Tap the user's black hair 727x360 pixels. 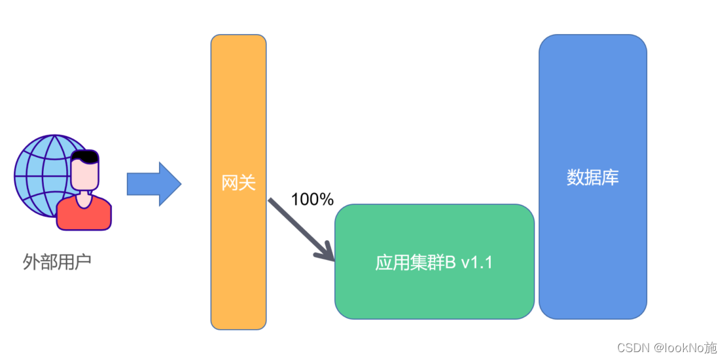pyautogui.click(x=86, y=157)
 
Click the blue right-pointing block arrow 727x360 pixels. pyautogui.click(x=153, y=184)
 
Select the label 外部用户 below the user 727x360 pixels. pyautogui.click(x=56, y=262)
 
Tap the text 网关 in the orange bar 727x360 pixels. pyautogui.click(x=238, y=183)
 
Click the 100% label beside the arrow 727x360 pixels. pyautogui.click(x=312, y=200)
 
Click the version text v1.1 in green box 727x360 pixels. pyautogui.click(x=476, y=263)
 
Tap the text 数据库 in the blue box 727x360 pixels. pyautogui.click(x=592, y=177)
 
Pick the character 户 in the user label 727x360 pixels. pyautogui.click(x=82, y=262)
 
